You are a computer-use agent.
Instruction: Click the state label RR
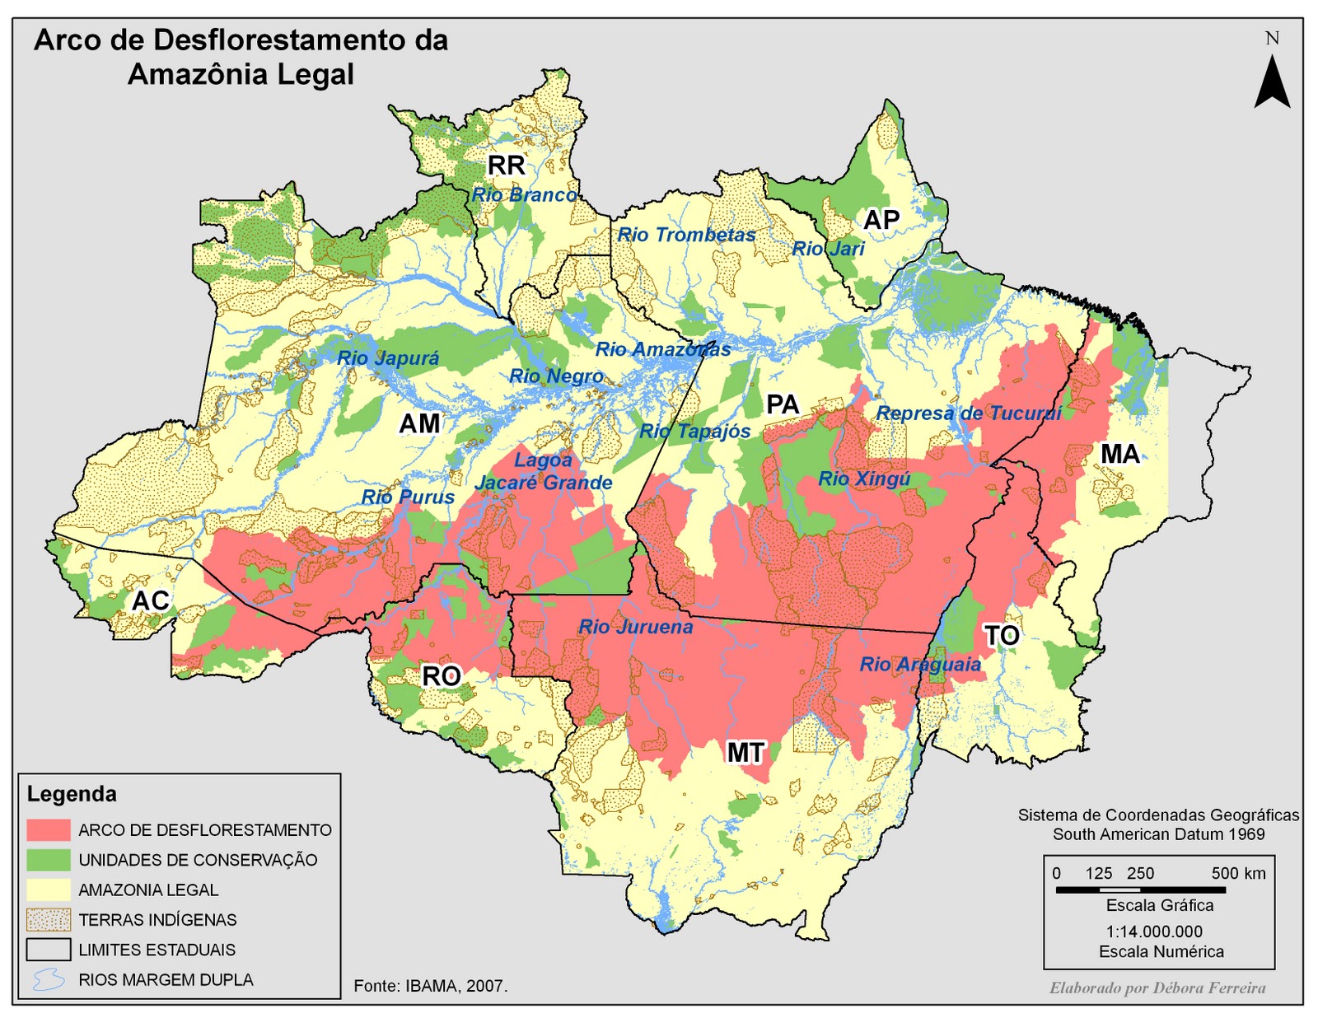(506, 166)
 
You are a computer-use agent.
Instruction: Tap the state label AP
(881, 220)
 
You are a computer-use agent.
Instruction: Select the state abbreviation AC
(151, 600)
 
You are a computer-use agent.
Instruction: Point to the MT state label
(745, 752)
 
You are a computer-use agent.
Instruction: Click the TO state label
(1002, 635)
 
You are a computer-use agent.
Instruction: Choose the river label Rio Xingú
(864, 479)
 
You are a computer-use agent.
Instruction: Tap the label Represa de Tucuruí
(969, 413)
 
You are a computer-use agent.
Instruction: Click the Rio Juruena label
(635, 627)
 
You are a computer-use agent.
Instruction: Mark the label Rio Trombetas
(686, 235)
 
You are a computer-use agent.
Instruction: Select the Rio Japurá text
(388, 358)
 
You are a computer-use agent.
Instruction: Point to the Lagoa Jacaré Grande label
(544, 472)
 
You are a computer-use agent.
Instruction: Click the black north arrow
(1272, 82)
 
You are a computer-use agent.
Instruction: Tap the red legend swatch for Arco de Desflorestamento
(49, 829)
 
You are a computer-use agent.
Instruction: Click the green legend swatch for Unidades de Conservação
(49, 860)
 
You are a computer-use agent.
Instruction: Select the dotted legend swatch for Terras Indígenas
(49, 919)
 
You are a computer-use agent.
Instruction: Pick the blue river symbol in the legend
(49, 979)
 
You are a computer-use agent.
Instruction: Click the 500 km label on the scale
(1238, 873)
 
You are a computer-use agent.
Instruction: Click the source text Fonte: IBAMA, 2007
(431, 986)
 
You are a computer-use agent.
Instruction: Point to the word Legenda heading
(72, 794)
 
